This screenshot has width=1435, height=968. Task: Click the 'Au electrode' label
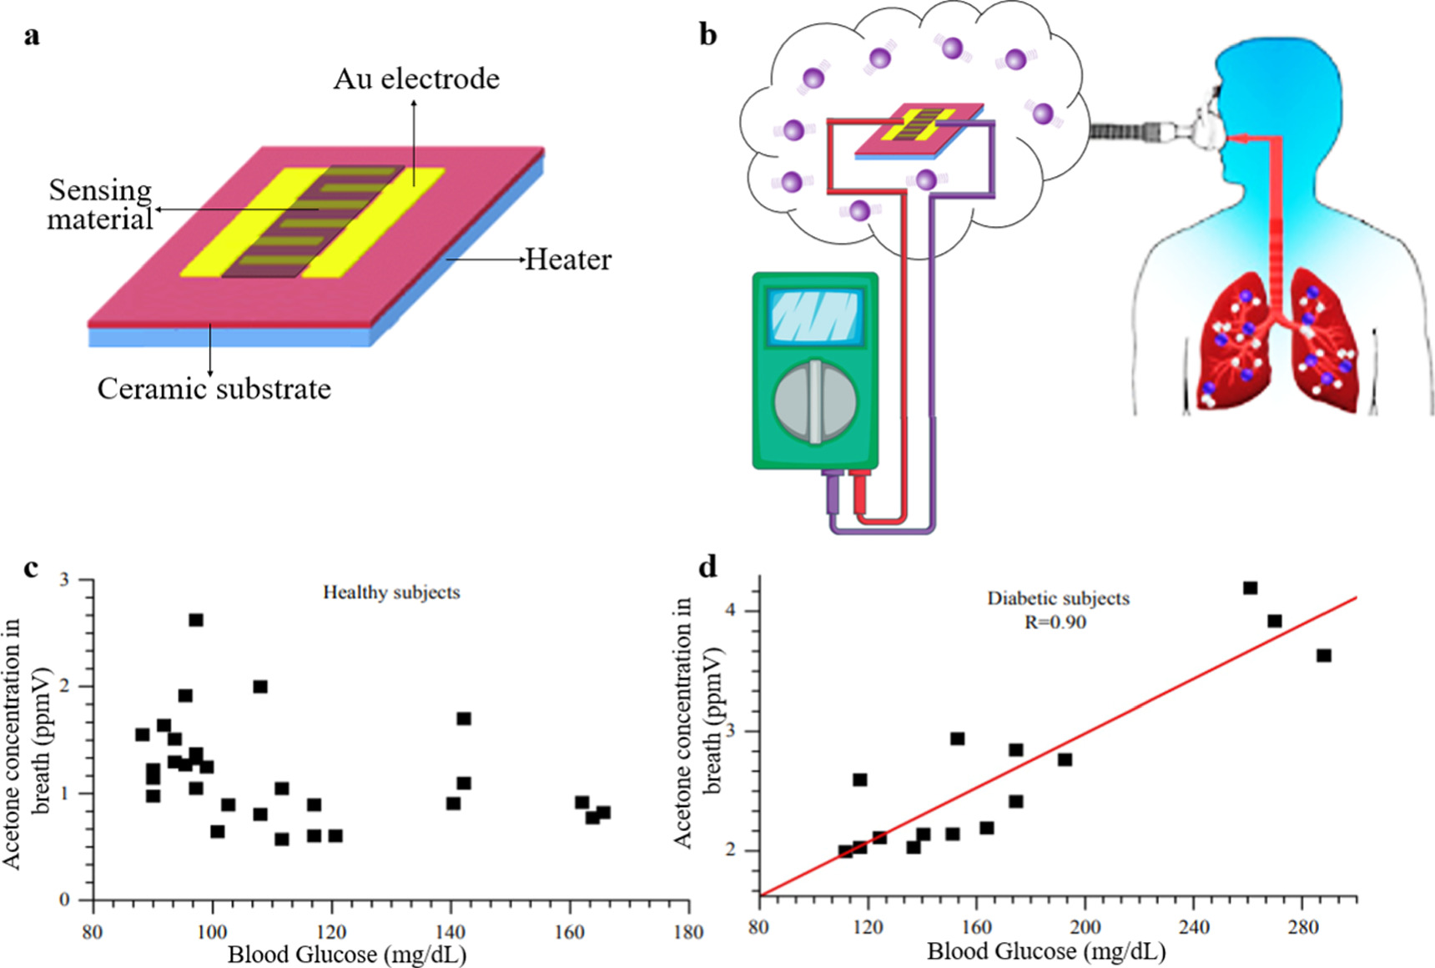click(416, 79)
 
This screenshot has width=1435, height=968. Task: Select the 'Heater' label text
click(568, 260)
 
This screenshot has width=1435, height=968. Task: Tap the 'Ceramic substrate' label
click(214, 389)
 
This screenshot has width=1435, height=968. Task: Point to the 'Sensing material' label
click(100, 204)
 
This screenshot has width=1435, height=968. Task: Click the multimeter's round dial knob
click(815, 402)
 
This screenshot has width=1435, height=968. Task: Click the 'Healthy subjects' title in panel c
click(391, 592)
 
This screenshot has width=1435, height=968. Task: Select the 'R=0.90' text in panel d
click(1055, 623)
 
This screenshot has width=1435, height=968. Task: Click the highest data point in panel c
click(196, 620)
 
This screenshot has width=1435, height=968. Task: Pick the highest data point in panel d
click(1250, 588)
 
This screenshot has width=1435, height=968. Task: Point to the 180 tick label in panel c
click(688, 932)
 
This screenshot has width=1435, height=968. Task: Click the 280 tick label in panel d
click(1302, 927)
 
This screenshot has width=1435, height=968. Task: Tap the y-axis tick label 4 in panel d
click(731, 611)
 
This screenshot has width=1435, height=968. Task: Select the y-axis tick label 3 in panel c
click(64, 580)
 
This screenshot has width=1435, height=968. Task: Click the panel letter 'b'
click(707, 35)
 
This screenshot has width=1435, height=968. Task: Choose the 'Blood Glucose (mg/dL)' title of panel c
click(347, 955)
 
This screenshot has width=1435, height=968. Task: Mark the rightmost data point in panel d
click(1323, 656)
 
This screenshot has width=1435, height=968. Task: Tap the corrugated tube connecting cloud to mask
click(1127, 131)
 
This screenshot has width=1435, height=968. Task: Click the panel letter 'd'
click(707, 567)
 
